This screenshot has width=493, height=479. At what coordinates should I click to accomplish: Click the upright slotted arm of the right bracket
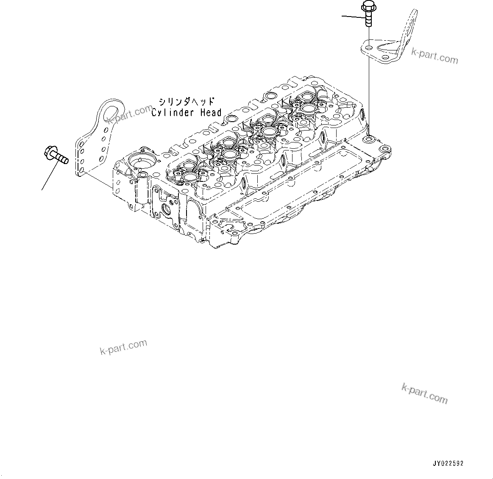click(x=409, y=25)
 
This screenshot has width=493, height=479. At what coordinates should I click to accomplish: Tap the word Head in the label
click(x=211, y=113)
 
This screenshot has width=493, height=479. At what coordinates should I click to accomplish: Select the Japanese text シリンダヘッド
click(x=187, y=102)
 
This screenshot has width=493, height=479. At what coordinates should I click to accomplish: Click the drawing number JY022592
click(x=448, y=463)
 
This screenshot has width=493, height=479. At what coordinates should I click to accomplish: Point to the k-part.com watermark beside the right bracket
click(x=435, y=56)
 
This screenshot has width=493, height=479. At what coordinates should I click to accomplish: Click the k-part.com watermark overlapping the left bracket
click(x=129, y=115)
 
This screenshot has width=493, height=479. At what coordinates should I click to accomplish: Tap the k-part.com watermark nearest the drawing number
click(x=424, y=394)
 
